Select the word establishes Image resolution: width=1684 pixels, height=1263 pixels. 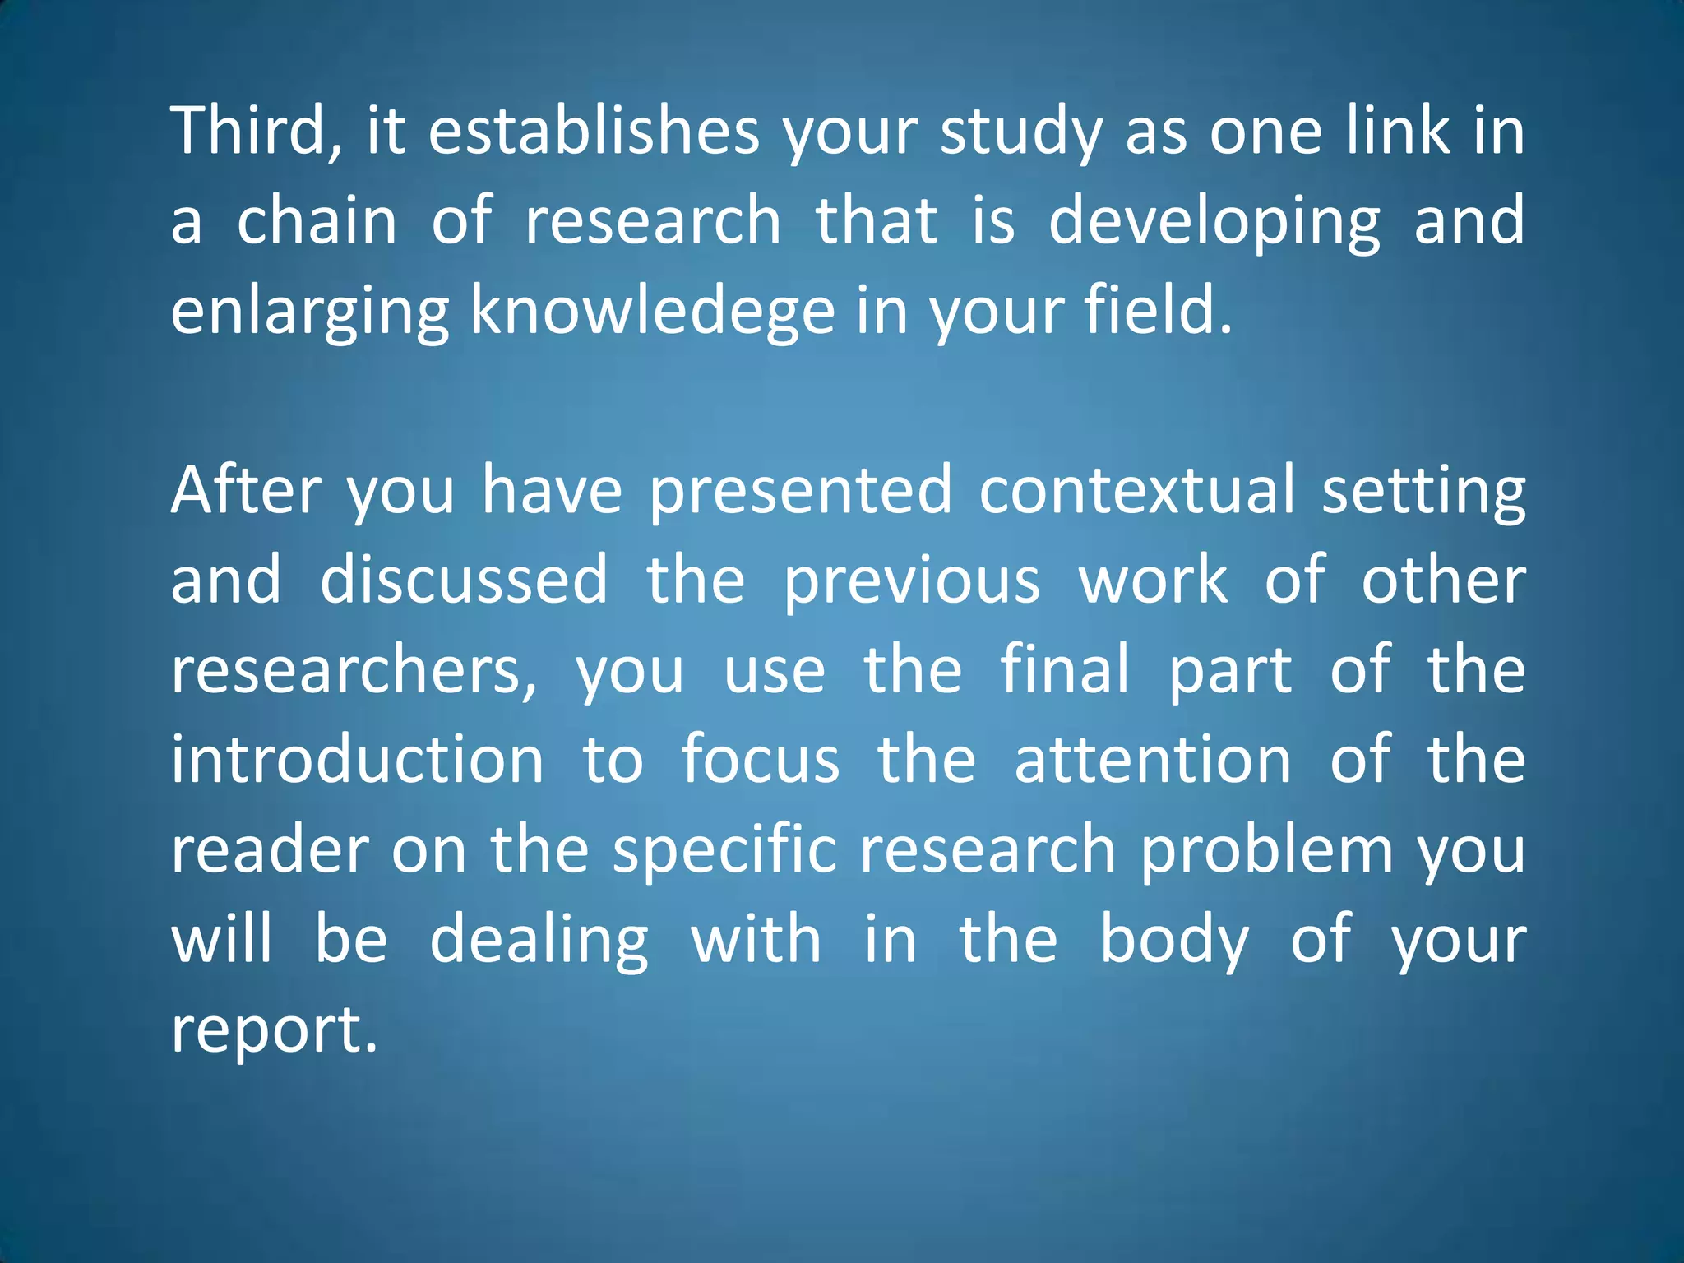point(594,132)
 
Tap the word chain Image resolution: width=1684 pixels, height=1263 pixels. point(317,221)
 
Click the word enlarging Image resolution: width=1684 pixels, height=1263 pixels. point(309,313)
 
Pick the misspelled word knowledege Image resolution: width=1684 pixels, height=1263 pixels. point(653,313)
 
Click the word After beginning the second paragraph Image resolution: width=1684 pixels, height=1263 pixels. point(246,491)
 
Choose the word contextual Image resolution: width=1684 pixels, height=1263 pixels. point(1137,491)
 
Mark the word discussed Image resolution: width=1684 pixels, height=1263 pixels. point(464,580)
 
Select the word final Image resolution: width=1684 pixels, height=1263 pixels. point(1065,669)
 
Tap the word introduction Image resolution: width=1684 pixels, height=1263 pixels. point(358,760)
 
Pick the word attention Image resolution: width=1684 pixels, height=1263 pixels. point(1153,760)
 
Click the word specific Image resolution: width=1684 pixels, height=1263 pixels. point(724,850)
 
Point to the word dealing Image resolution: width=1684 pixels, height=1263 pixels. point(539,941)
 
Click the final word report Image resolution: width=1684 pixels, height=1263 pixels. point(274,1030)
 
